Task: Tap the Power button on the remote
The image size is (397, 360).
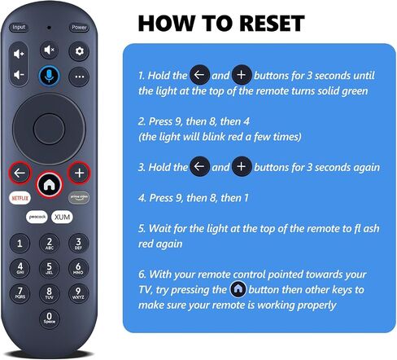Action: point(79,27)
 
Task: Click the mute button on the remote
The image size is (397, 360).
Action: point(49,50)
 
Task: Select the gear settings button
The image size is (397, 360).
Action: point(79,51)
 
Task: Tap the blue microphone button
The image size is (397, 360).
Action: point(49,76)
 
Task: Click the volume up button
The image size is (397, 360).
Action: point(19,54)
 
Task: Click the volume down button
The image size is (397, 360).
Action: point(19,74)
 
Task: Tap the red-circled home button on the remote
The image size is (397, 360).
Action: point(49,185)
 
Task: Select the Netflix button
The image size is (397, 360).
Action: point(20,198)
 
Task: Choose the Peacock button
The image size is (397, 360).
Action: point(37,217)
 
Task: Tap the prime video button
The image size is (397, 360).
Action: point(79,197)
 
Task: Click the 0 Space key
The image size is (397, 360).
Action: point(49,318)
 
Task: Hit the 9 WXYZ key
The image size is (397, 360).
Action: point(78,293)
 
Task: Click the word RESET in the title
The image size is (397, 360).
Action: point(272,24)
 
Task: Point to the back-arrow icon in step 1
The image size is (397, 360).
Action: point(199,75)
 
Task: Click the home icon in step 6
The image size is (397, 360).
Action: point(238,289)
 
